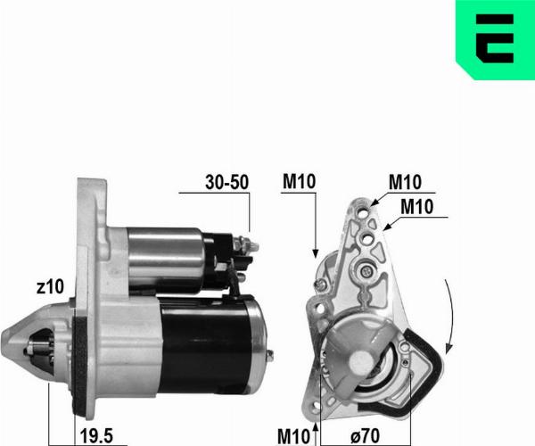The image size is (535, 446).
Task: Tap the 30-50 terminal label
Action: (x=226, y=182)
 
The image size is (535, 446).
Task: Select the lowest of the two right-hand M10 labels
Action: (x=417, y=206)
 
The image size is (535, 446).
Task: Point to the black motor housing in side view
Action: (x=205, y=334)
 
